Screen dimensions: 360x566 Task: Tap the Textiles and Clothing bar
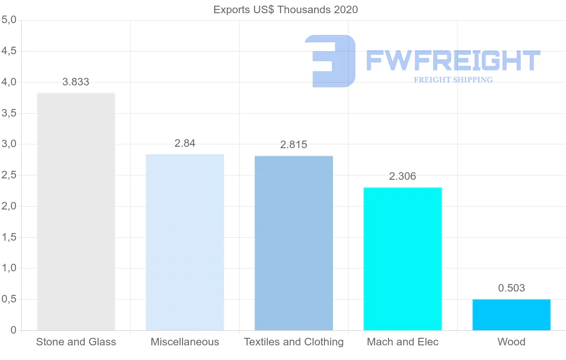(294, 243)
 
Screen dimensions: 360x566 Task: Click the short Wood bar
(511, 315)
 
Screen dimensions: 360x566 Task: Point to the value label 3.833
(76, 82)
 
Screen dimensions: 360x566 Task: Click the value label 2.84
(185, 143)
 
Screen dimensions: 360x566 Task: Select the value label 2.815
(294, 145)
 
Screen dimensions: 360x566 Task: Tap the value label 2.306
(403, 176)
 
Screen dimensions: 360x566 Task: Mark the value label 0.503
(511, 288)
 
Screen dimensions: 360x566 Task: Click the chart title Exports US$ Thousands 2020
(286, 10)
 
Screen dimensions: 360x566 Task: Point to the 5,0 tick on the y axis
(9, 20)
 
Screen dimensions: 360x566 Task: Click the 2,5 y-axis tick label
(9, 176)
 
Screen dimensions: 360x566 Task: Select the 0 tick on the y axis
(14, 330)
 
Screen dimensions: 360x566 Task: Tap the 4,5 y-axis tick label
(9, 51)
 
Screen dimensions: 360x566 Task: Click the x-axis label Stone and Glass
(76, 342)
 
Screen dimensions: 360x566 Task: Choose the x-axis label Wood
(511, 342)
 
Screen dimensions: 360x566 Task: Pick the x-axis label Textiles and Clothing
(294, 342)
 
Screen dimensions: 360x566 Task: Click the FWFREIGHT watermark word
(453, 60)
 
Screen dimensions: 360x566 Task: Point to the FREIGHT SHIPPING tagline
(453, 80)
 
